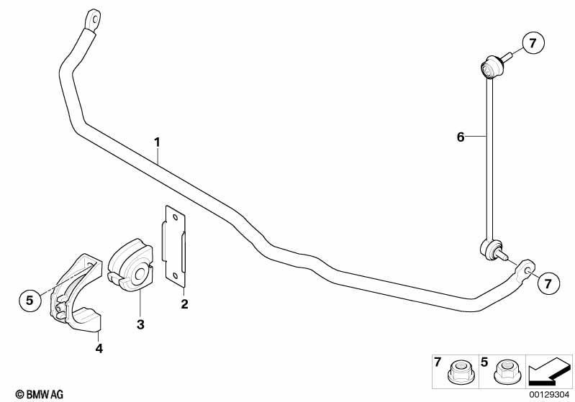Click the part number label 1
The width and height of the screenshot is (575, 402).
[x=157, y=142]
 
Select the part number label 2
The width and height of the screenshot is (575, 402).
[x=184, y=303]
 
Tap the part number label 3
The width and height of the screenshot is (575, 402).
[x=140, y=324]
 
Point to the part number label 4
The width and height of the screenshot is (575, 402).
[x=99, y=349]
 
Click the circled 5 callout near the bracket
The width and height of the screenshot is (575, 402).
[x=30, y=301]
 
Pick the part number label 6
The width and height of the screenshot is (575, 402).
[x=461, y=137]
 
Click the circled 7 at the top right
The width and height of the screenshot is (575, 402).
[x=533, y=43]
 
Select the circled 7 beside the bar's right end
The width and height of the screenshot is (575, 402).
[x=548, y=283]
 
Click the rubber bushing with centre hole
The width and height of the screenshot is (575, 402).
[x=131, y=264]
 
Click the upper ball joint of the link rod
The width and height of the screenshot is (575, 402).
[x=491, y=68]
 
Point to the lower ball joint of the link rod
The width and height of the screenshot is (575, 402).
[x=490, y=250]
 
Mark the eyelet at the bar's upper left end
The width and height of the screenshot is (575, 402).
[x=92, y=19]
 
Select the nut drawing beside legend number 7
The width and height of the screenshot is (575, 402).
[x=460, y=372]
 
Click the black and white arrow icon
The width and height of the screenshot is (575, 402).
[x=549, y=371]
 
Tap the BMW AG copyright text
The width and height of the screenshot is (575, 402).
[x=40, y=394]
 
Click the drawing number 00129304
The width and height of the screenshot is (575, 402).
[x=548, y=394]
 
